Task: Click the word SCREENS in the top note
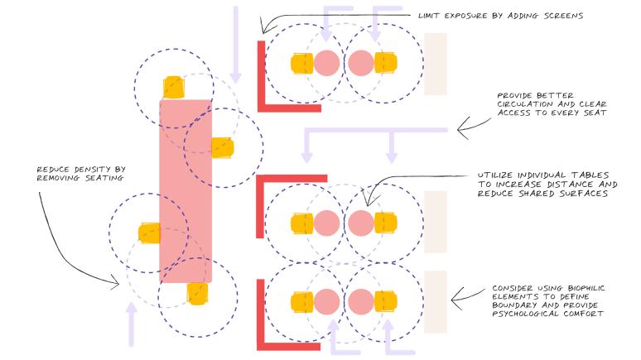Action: click(x=562, y=16)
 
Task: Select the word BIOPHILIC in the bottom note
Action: click(x=576, y=289)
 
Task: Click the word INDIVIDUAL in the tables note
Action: click(x=536, y=175)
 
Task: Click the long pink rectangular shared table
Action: click(x=186, y=190)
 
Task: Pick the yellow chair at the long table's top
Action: click(x=174, y=87)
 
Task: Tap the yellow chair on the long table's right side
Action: click(x=221, y=147)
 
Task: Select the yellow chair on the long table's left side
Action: click(x=149, y=233)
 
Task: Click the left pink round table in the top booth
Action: click(x=327, y=63)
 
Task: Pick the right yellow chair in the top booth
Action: click(x=385, y=63)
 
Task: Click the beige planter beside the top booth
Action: click(x=436, y=64)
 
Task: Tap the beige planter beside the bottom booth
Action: click(x=436, y=302)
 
